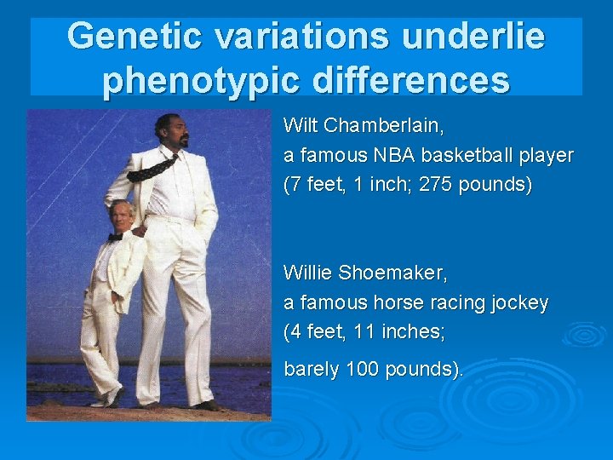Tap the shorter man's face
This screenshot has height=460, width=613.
click(121, 215)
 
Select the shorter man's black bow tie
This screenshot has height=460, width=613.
click(116, 237)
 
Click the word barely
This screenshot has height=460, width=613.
click(309, 369)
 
